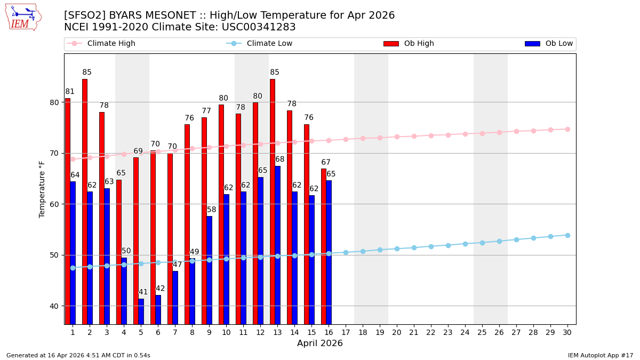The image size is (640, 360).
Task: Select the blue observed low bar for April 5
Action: [x=141, y=311]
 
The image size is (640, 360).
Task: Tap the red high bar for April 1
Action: [x=68, y=211]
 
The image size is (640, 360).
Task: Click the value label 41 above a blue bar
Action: [x=143, y=292]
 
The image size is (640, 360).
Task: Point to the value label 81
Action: [x=70, y=92]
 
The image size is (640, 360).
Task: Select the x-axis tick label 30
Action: [x=567, y=332]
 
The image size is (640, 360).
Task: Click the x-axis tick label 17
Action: [x=346, y=332]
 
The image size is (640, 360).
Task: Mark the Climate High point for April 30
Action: [x=567, y=129]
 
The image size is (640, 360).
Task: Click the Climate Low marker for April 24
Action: [x=465, y=244]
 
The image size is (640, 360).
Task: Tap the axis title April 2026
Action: [x=320, y=343]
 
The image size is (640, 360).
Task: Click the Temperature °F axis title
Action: [x=43, y=189]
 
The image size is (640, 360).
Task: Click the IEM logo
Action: [x=23, y=17]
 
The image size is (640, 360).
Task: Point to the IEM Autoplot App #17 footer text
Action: [x=601, y=355]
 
